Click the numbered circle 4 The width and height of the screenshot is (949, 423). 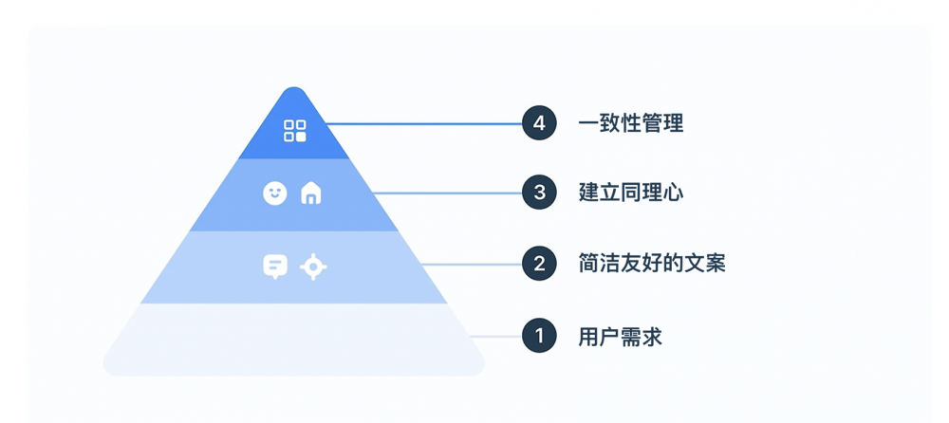coord(539,124)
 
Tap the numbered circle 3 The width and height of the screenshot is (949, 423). coord(539,193)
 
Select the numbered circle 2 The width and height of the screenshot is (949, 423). coord(539,264)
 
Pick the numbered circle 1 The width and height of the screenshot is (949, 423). coord(539,336)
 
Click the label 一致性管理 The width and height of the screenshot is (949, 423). coord(631,124)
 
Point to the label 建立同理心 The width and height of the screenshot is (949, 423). coord(631,193)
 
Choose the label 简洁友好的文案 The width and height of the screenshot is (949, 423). coord(652,264)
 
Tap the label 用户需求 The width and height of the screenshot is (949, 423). coord(621,336)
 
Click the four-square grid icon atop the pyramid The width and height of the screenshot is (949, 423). coord(295,131)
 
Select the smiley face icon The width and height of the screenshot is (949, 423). coord(274,193)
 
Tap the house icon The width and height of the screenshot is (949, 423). coord(311,193)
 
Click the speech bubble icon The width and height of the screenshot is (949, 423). coord(275,267)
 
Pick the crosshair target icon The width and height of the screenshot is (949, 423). coord(313,267)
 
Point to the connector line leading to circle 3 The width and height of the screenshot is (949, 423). coord(446,193)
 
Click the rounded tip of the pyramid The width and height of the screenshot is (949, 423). coord(294,96)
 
